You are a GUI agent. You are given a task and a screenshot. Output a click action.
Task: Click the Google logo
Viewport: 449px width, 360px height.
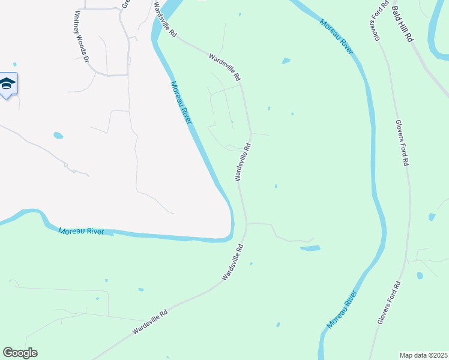[20, 353]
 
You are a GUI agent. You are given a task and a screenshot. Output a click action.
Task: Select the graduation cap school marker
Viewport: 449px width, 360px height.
[7, 85]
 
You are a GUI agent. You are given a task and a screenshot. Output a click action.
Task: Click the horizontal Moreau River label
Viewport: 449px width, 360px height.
[81, 231]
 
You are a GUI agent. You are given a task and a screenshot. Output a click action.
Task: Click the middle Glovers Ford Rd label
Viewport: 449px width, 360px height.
[402, 143]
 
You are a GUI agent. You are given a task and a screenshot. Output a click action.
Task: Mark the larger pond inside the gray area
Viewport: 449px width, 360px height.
[58, 136]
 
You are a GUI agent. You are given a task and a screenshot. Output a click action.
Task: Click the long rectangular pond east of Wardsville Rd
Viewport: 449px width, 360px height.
[310, 248]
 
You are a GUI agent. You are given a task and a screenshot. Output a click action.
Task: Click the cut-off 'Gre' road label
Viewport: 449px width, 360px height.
[126, 4]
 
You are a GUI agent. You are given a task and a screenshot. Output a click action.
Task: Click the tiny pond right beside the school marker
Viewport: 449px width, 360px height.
[15, 64]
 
